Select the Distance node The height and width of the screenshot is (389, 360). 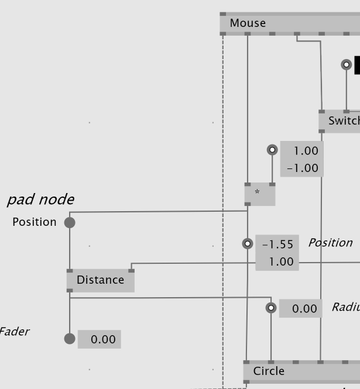101,280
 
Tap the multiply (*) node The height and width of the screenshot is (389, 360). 259,193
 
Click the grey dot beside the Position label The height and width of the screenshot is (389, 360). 70,222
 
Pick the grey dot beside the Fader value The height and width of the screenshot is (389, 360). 70,339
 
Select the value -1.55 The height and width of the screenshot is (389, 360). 277,245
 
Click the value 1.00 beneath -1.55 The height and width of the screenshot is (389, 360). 281,261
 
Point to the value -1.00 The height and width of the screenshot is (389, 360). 303,168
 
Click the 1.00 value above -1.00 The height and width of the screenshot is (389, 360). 306,151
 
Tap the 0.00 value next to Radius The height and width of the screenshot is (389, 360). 304,308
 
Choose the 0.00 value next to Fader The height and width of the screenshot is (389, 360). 103,339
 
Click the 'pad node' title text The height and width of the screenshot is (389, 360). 40,199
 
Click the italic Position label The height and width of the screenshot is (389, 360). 330,243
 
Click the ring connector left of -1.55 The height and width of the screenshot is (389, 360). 248,243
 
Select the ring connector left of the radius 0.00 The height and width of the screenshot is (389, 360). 271,308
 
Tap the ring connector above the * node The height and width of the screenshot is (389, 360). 272,150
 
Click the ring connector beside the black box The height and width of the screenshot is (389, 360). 347,64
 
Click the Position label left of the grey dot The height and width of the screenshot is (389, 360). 35,222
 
